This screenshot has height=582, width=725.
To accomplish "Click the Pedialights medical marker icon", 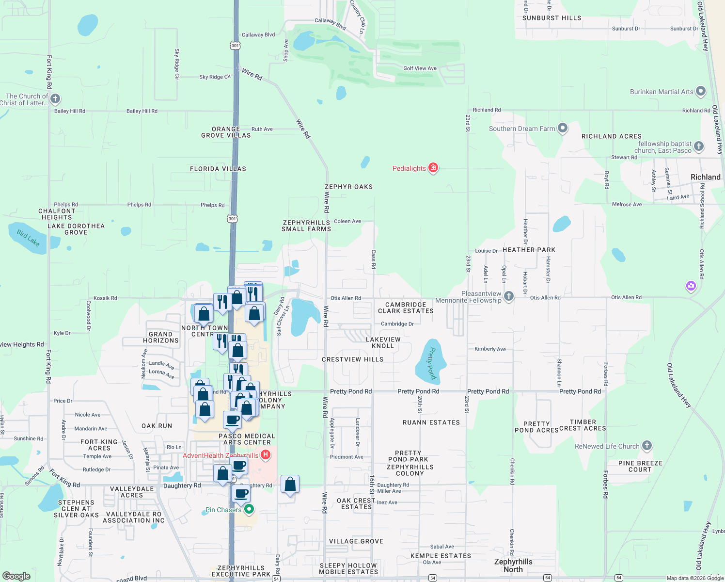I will pos(433,168).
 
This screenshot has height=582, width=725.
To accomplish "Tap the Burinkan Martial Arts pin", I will pos(700,91).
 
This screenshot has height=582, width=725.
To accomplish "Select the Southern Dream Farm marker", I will pos(562,128).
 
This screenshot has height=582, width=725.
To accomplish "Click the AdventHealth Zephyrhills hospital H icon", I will pos(265,455).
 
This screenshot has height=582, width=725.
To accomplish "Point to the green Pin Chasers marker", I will pos(249,509).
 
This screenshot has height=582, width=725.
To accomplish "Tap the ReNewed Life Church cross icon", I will pos(646,446).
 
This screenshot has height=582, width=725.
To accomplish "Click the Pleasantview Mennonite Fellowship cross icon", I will pos(508,296).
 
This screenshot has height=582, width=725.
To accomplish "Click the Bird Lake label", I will pos(28,238).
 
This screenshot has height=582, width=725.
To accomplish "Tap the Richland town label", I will pos(705,177).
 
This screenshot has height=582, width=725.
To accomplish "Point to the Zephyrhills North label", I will pos(513,566).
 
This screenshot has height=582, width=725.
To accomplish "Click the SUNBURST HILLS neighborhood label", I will pos(552,18).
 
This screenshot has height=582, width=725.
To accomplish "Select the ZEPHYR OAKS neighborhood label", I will pos(348,187).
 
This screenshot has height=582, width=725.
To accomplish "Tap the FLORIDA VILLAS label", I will pos(218,169).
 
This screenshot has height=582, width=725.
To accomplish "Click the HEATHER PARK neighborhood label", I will pos(529,250).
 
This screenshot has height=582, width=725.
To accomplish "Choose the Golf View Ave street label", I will pos(420,68).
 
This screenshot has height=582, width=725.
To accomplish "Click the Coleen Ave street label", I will pos(347,221).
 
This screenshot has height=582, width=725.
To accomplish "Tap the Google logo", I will pos(16,576).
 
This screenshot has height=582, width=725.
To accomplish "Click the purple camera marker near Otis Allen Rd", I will pos(691,286).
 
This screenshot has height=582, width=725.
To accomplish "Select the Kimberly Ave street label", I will pos(490,349).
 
